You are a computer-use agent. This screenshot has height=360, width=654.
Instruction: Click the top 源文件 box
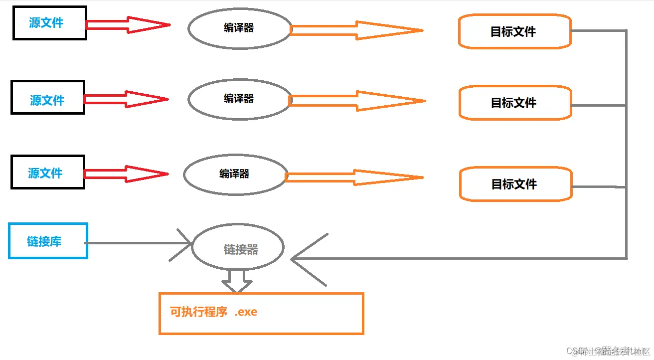click(49, 23)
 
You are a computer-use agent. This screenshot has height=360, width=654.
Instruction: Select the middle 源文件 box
click(48, 98)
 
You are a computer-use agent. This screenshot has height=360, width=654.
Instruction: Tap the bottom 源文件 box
click(48, 172)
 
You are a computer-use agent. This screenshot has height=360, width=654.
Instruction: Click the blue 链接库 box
click(48, 241)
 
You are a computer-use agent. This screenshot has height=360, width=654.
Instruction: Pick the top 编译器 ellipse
click(239, 28)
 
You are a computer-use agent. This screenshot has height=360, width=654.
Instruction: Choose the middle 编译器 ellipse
click(239, 99)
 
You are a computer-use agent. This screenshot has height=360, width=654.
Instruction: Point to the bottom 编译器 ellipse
click(235, 174)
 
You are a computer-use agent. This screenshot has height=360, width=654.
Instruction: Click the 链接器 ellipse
click(238, 248)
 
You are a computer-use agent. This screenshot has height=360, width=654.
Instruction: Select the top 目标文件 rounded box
click(514, 31)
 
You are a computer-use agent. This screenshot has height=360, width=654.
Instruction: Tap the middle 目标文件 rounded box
click(514, 103)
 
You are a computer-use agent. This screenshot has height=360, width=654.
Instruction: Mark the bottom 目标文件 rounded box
click(515, 184)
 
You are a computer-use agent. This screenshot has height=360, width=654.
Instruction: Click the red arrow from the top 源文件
click(128, 24)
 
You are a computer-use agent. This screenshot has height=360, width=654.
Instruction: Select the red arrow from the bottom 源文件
click(126, 174)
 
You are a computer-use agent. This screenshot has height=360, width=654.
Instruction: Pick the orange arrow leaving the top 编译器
click(356, 30)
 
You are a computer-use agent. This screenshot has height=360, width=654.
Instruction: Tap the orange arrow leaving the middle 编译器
click(357, 101)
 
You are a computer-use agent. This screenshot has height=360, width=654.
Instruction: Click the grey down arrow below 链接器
click(237, 281)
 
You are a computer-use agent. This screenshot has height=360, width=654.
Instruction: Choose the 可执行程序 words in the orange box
click(199, 313)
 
